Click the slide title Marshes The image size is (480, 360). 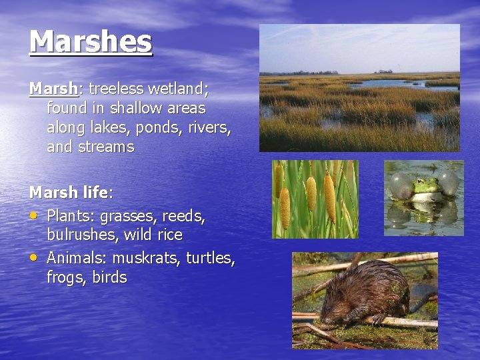click(91, 41)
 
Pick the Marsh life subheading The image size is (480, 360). click(71, 193)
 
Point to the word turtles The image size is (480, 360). click(210, 258)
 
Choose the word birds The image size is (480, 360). click(109, 277)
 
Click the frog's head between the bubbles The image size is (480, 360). click(424, 187)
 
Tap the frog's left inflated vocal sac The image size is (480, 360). click(401, 185)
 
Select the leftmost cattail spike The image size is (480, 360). click(285, 207)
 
